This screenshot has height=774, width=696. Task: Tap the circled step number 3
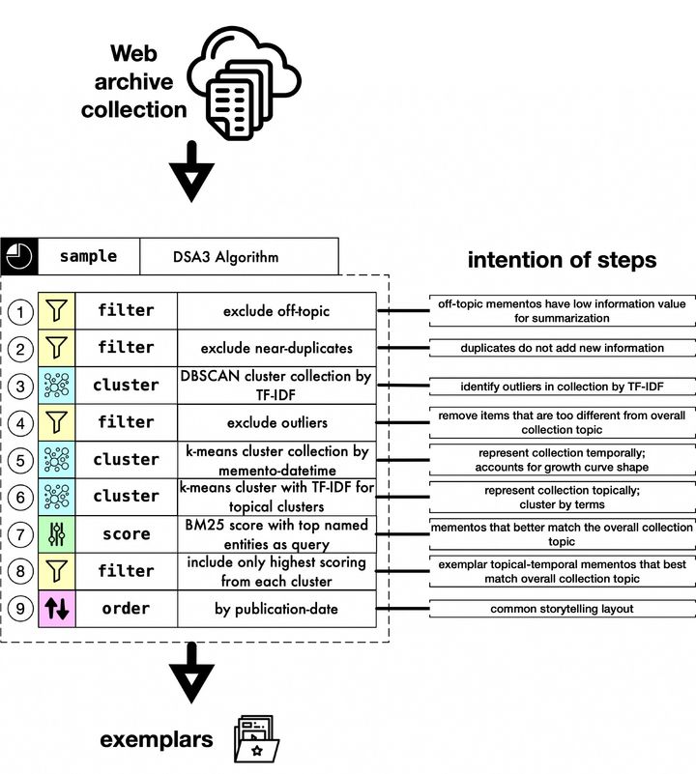[x=19, y=385]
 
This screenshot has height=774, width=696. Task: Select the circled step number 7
[x=19, y=533]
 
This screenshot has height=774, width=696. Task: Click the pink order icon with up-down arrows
[x=56, y=609]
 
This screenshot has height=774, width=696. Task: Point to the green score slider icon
[x=56, y=533]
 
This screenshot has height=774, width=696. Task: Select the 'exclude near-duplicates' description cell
[x=275, y=348]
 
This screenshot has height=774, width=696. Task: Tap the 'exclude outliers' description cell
[x=275, y=422]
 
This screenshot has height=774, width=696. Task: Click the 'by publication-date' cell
[x=275, y=609]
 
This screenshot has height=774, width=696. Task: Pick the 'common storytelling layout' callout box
[x=561, y=609]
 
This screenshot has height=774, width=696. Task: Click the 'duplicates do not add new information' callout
[x=561, y=348]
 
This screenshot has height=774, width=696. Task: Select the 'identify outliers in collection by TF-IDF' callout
[x=561, y=386]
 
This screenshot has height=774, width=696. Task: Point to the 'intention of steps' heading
[x=562, y=260]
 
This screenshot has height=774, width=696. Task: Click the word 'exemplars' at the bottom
[x=157, y=740]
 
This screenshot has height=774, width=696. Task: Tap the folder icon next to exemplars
[x=256, y=740]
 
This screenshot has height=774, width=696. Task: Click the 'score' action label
[x=126, y=533]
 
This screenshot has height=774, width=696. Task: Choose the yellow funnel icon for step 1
[x=56, y=311]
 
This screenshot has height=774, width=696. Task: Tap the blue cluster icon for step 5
[x=56, y=459]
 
